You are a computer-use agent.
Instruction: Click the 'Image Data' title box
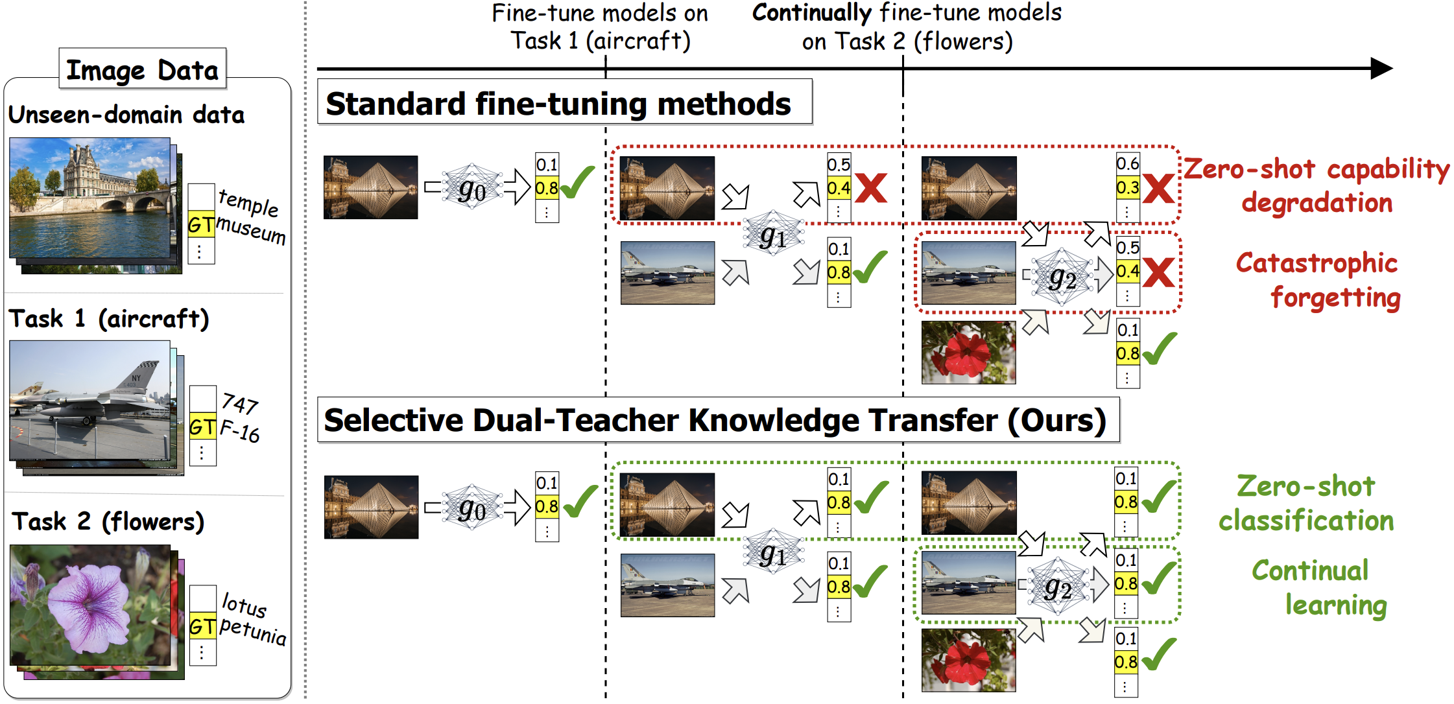pyautogui.click(x=142, y=69)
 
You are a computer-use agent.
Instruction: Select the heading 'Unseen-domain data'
pyautogui.click(x=126, y=115)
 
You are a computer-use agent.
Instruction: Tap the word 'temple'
pyautogui.click(x=248, y=203)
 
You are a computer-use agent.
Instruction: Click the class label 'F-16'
pyautogui.click(x=240, y=430)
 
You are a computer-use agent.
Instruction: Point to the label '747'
pyautogui.click(x=240, y=403)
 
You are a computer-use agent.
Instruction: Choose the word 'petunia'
pyautogui.click(x=253, y=631)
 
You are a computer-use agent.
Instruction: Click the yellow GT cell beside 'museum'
pyautogui.click(x=201, y=225)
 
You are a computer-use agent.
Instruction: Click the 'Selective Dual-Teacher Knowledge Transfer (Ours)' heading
pyautogui.click(x=715, y=420)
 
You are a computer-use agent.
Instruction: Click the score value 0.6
pyautogui.click(x=1128, y=163)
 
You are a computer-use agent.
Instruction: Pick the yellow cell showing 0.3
pyautogui.click(x=1128, y=188)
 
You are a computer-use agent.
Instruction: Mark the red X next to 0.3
pyautogui.click(x=1158, y=189)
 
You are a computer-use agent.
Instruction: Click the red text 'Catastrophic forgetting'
pyautogui.click(x=1318, y=280)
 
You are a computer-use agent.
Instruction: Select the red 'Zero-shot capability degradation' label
pyautogui.click(x=1317, y=185)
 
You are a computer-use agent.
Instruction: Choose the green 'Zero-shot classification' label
pyautogui.click(x=1306, y=503)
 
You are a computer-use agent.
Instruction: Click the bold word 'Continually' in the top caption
pyautogui.click(x=811, y=13)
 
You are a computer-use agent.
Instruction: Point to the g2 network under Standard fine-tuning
pyautogui.click(x=1062, y=277)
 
